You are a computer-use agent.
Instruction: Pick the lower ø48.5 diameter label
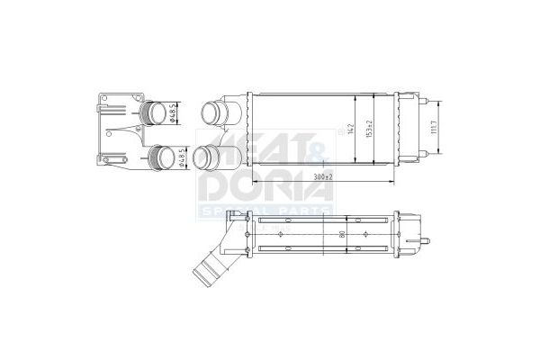pyautogui.click(x=183, y=158)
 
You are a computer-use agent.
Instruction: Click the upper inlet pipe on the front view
pyautogui.click(x=217, y=112)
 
